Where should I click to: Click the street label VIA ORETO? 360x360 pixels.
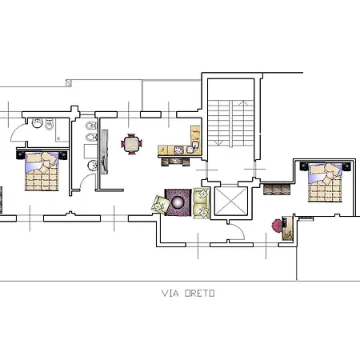pyautogui.click(x=188, y=294)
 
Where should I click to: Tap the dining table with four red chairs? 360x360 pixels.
pyautogui.click(x=131, y=144)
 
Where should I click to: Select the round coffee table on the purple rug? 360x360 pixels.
pyautogui.click(x=178, y=202)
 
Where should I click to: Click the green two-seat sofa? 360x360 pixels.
pyautogui.click(x=201, y=203)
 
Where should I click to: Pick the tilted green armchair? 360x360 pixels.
pyautogui.click(x=161, y=205)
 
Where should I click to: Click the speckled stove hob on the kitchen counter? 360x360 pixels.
pyautogui.click(x=179, y=150)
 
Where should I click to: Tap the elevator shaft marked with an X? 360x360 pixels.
pyautogui.click(x=231, y=201)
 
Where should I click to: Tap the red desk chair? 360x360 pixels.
pyautogui.click(x=277, y=226)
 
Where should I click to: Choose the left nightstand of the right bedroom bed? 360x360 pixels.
pyautogui.click(x=304, y=166)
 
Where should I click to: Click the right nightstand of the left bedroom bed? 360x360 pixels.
pyautogui.click(x=63, y=155)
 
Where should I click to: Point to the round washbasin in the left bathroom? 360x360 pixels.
pyautogui.click(x=38, y=123)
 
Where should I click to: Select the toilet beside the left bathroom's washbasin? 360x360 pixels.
pyautogui.click(x=50, y=124)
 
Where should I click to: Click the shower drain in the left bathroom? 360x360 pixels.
pyautogui.click(x=58, y=138)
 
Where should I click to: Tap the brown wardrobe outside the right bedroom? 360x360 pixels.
pyautogui.click(x=277, y=190)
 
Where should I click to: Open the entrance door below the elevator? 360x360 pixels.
pyautogui.click(x=236, y=231)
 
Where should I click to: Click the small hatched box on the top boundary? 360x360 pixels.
pyautogui.click(x=69, y=83)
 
